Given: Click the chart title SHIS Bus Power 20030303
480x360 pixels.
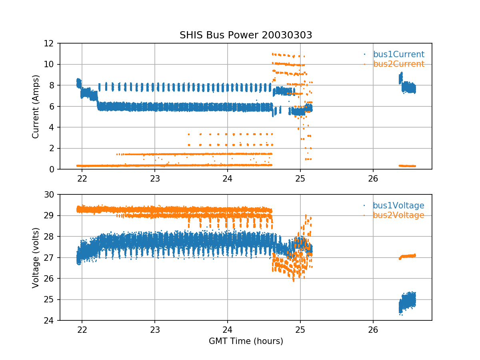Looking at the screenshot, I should tap(246, 35).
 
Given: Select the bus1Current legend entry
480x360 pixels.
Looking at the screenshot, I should tap(398, 54).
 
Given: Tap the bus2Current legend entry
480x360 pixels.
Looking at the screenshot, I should tap(398, 64).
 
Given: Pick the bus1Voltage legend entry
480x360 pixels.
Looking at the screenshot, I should tap(398, 206).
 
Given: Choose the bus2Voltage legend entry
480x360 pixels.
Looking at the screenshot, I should tap(398, 215).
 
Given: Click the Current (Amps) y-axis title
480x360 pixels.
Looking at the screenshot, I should tap(36, 106).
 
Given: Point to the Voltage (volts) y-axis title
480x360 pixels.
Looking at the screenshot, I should tap(36, 258).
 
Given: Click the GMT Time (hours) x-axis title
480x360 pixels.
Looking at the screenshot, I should tap(246, 341).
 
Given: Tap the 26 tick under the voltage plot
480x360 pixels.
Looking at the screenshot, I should tap(373, 329).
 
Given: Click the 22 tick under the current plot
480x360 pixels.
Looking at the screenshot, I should tap(82, 178).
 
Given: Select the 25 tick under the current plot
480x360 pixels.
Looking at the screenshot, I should tap(300, 178).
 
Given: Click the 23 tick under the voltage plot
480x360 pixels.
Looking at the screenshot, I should tap(155, 329).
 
